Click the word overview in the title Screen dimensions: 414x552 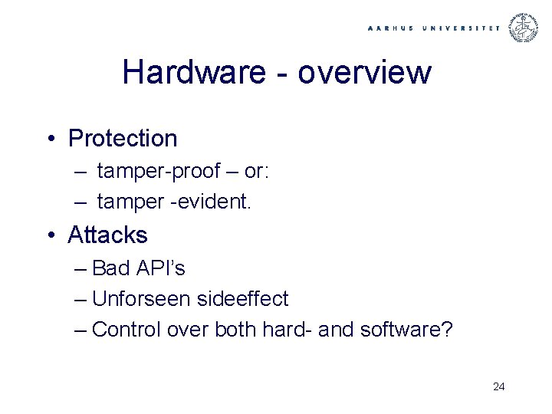(364, 73)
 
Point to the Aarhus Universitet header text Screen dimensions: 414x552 (433, 28)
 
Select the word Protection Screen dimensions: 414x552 (123, 139)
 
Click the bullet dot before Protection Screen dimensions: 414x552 (50, 139)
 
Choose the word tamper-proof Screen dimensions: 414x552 (159, 171)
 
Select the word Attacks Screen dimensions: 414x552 (107, 235)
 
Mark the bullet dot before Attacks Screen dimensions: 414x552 (50, 235)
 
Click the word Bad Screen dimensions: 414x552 (111, 268)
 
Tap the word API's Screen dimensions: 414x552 (161, 268)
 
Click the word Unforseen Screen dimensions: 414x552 (140, 299)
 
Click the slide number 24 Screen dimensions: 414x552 (498, 386)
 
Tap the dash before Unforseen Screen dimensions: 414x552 (81, 299)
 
